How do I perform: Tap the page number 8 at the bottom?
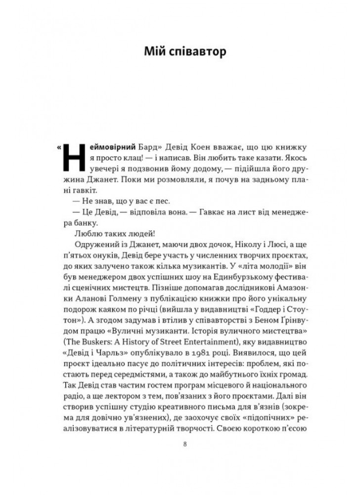click(184, 444)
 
